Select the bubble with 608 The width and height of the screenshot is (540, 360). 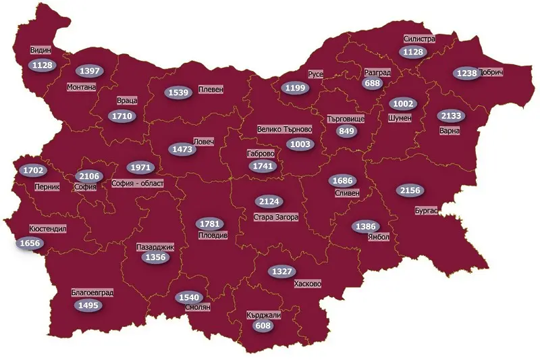(x=262, y=326)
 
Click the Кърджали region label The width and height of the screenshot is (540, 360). (x=265, y=315)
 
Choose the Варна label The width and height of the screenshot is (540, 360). (x=449, y=130)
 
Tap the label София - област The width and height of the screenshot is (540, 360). (x=138, y=183)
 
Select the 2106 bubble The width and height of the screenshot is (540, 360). (x=90, y=176)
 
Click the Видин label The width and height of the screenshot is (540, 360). (x=40, y=50)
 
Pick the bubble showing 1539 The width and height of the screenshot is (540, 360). (x=180, y=92)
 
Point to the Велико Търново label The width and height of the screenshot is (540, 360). (x=285, y=128)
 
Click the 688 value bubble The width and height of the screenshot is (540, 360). (x=372, y=84)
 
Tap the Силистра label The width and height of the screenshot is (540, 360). (x=419, y=39)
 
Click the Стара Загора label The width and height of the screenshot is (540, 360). (x=276, y=217)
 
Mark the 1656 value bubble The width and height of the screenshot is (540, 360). (x=31, y=243)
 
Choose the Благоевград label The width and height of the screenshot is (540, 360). (x=92, y=293)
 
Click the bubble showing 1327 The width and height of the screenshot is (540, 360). (x=282, y=272)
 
